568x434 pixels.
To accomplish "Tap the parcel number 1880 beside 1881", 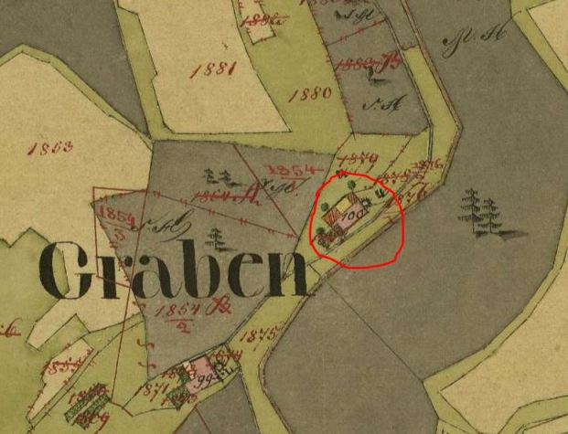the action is pyautogui.click(x=309, y=94).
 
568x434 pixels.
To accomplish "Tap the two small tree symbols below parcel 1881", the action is pyautogui.click(x=216, y=176).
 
